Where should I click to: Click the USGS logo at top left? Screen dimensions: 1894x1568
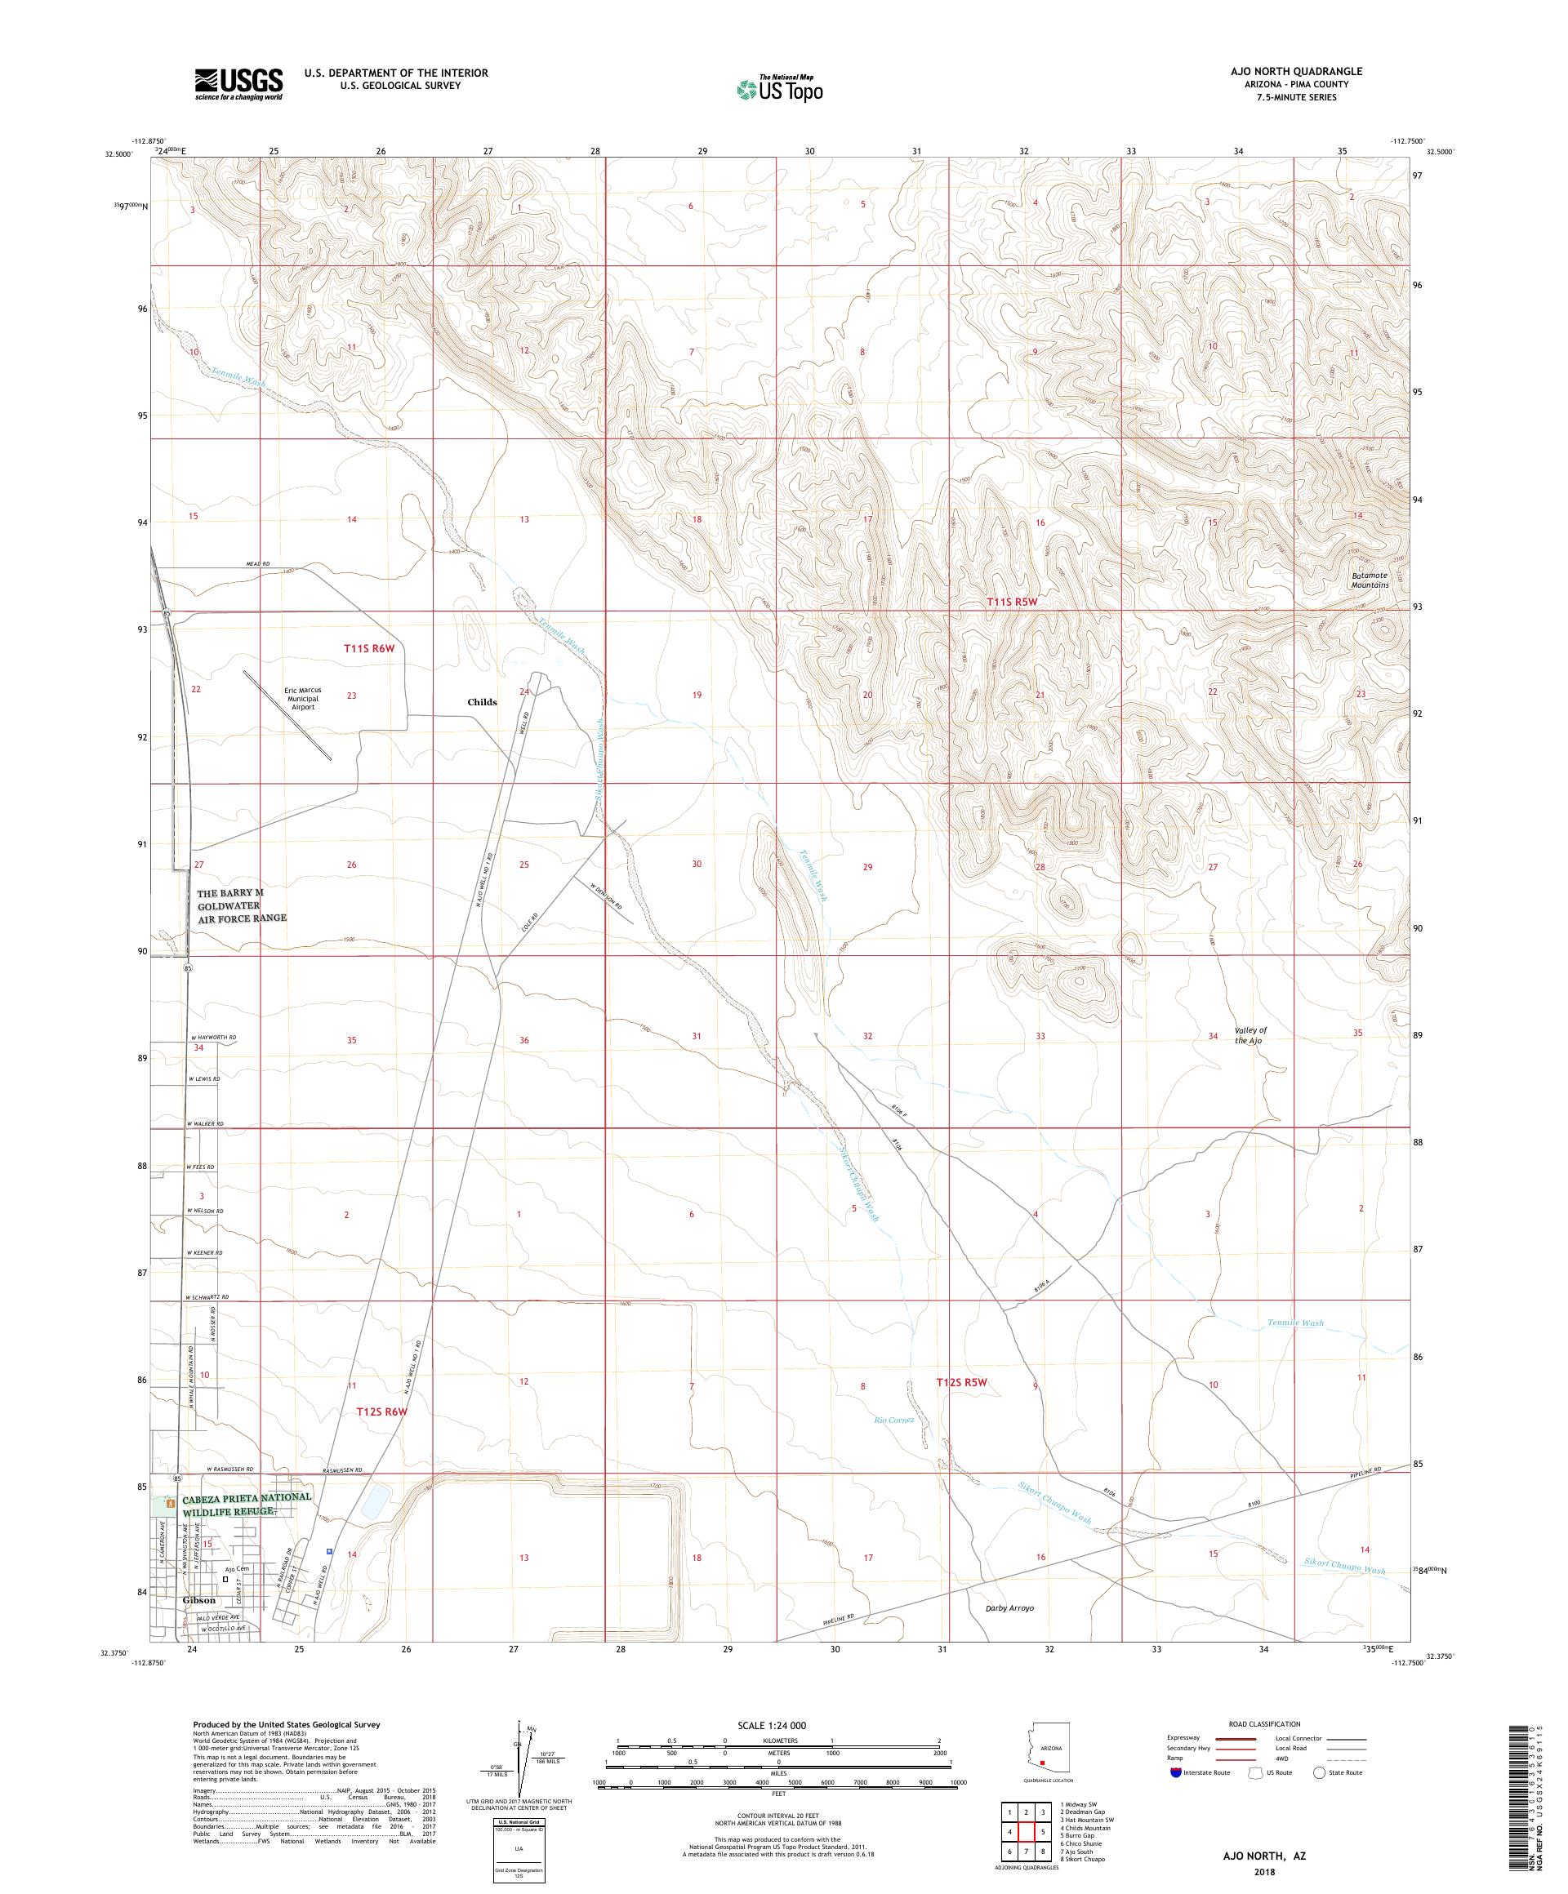point(238,84)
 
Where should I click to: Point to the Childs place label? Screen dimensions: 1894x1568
point(482,702)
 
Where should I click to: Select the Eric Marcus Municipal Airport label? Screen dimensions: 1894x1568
point(303,699)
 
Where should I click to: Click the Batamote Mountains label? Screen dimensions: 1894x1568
point(1370,580)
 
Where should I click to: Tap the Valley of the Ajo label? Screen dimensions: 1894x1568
point(1250,1035)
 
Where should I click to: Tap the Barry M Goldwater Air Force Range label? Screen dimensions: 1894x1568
point(242,905)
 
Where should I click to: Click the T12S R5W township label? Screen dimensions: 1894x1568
point(962,1381)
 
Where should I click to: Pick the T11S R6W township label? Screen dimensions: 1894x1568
point(369,648)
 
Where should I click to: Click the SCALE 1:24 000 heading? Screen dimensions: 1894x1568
point(777,1725)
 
